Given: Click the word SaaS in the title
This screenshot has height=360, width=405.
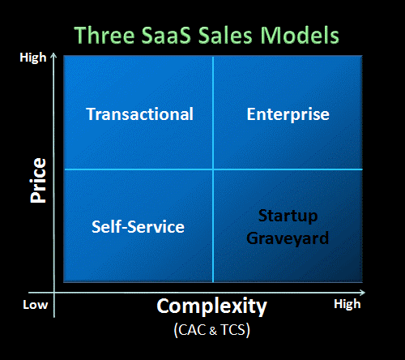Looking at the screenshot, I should tap(168, 36).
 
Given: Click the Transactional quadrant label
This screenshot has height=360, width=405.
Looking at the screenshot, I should tap(139, 114).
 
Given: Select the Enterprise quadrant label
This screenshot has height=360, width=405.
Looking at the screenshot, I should tap(288, 114).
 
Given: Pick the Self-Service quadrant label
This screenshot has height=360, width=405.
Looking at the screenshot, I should tap(138, 227).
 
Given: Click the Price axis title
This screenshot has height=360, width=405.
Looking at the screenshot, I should tap(36, 180).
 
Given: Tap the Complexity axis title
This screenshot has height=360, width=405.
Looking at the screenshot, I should tap(211, 306).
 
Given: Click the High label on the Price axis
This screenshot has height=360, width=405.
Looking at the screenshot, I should tap(32, 58).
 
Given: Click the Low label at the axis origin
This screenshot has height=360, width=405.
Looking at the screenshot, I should tap(35, 304).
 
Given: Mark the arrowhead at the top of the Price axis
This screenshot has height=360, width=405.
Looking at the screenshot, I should tap(54, 56).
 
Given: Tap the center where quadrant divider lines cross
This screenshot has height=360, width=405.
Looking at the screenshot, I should tap(212, 169).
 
